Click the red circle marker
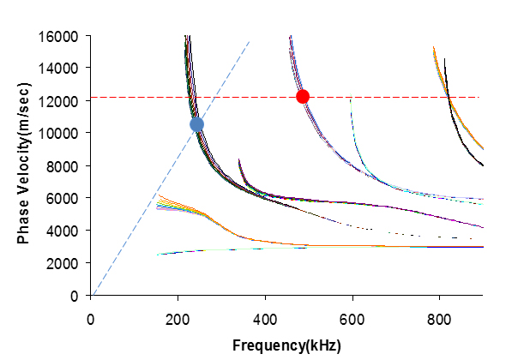(302, 96)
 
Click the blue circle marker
(196, 124)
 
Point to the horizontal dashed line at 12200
(386, 97)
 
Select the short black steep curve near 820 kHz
(455, 120)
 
